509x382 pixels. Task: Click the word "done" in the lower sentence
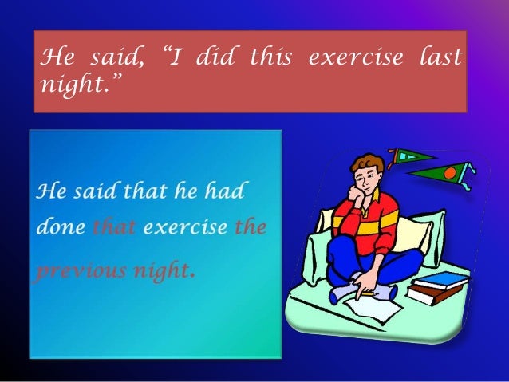pyautogui.click(x=60, y=227)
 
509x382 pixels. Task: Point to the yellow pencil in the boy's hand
pyautogui.click(x=369, y=293)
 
